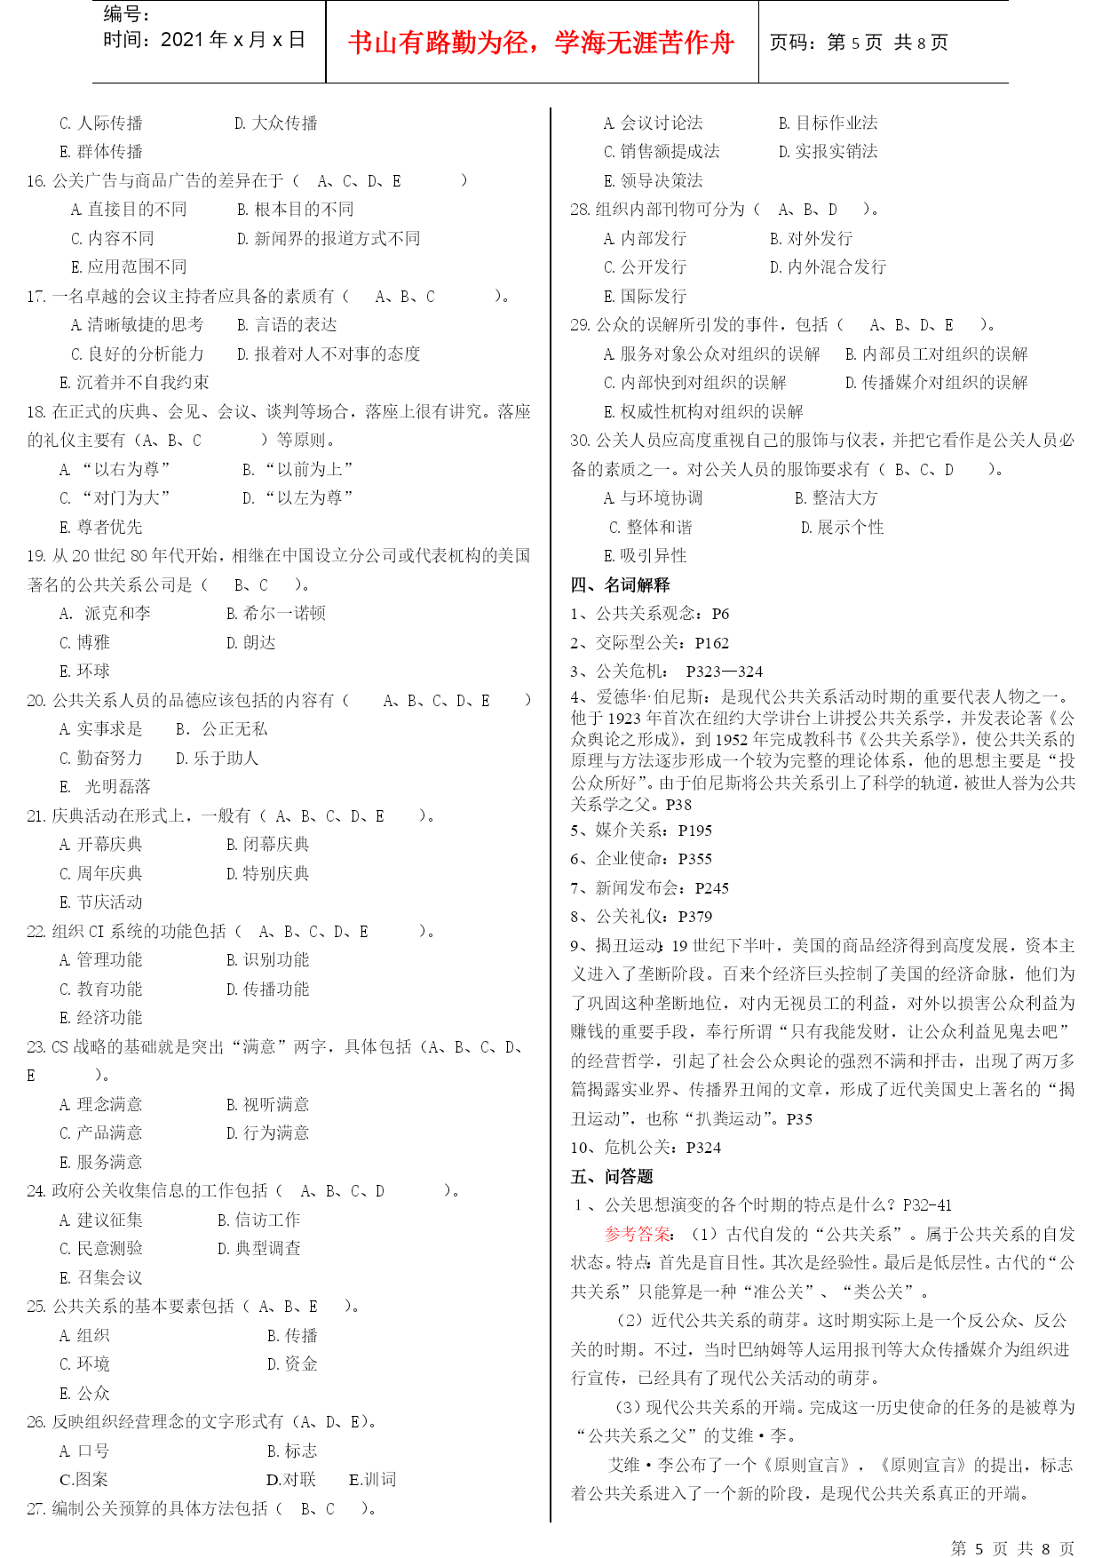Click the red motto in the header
(x=541, y=43)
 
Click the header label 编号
(x=127, y=14)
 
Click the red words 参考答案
(x=637, y=1234)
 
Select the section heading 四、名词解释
(x=620, y=584)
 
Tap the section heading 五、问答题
(x=612, y=1176)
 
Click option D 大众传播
(x=276, y=123)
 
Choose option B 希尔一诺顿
(x=276, y=613)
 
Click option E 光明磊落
(x=105, y=787)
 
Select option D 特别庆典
(x=268, y=873)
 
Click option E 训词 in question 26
(x=373, y=1479)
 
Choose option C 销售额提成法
(x=662, y=152)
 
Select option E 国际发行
(x=646, y=296)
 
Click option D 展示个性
(x=842, y=527)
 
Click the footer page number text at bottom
(x=1012, y=1548)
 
